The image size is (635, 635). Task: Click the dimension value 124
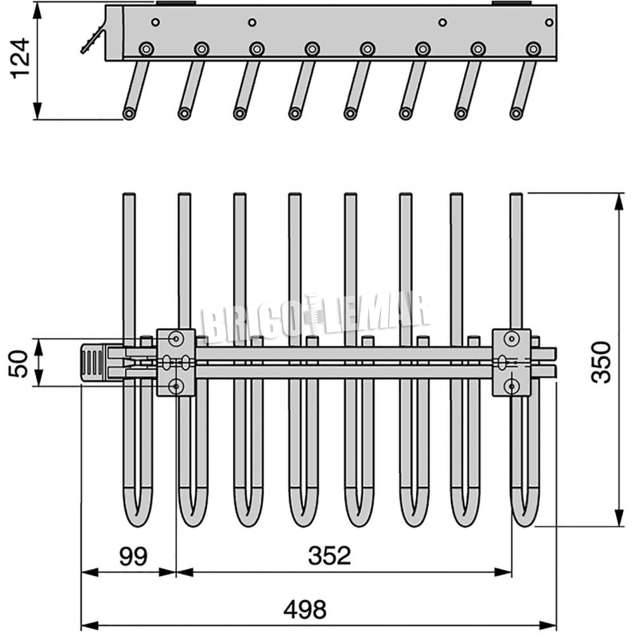(20, 58)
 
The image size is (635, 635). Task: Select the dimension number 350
(601, 362)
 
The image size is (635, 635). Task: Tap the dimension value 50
(18, 363)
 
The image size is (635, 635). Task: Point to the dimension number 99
(133, 556)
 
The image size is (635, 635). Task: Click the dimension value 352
(329, 556)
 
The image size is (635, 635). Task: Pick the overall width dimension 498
(305, 609)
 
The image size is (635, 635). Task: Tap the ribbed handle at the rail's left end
(93, 362)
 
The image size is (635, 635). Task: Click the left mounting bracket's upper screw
(176, 338)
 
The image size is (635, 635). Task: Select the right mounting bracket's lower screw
(512, 387)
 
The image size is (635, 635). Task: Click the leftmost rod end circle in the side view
(129, 113)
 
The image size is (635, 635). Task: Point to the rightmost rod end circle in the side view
(516, 113)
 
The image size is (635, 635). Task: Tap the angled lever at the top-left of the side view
(92, 39)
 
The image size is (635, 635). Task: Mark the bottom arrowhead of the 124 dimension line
(37, 111)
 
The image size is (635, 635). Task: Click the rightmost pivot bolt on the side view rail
(533, 49)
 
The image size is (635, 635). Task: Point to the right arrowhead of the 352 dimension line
(504, 572)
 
